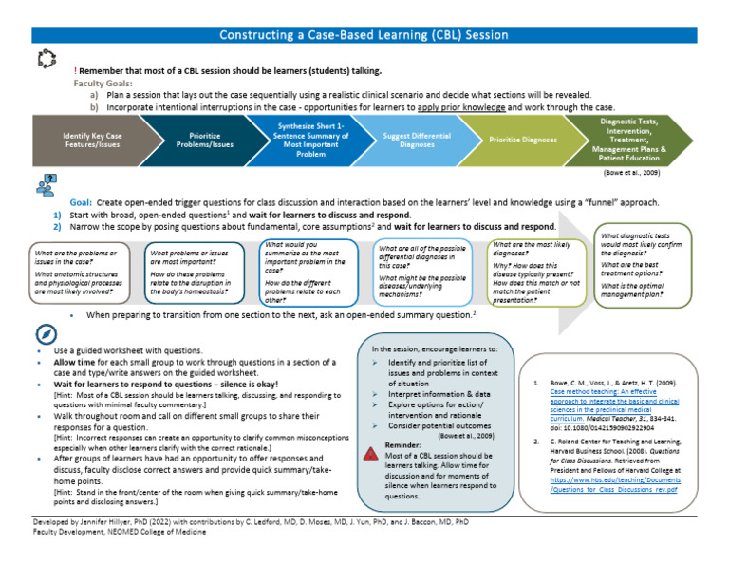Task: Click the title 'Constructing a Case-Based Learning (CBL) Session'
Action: (x=364, y=35)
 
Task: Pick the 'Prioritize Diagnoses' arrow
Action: (x=525, y=141)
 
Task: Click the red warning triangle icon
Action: (x=369, y=454)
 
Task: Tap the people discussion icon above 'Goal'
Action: (x=45, y=187)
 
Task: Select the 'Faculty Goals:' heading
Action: (x=104, y=83)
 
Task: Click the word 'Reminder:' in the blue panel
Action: (x=402, y=443)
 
